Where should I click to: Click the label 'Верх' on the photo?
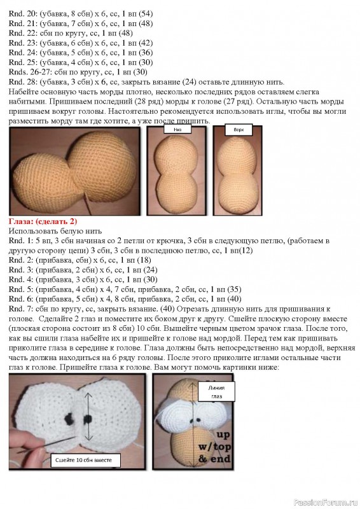coord(239,129)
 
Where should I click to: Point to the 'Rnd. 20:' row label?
coord(23,13)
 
